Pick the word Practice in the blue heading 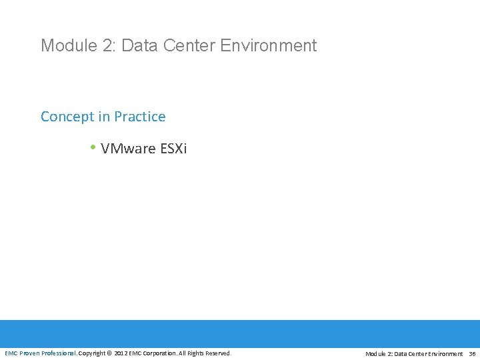140,117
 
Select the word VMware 129,148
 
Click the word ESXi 174,148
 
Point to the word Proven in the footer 29,353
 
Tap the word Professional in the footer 59,353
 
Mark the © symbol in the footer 111,353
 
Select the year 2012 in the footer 121,353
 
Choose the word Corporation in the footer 159,353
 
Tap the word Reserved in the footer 219,353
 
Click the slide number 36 472,354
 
